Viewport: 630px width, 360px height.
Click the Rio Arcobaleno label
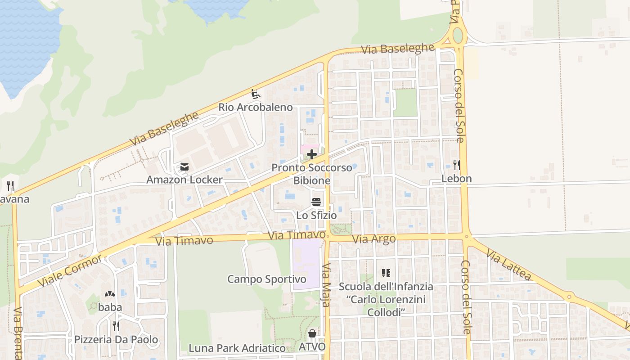pos(256,108)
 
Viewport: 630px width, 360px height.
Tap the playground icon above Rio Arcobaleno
pos(256,94)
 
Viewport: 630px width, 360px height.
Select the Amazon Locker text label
pos(184,180)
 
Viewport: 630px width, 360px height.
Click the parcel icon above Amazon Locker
pos(184,167)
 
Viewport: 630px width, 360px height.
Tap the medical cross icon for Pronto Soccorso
pos(312,155)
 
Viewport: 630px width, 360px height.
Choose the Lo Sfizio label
pos(316,216)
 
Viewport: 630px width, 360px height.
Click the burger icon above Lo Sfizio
pos(316,202)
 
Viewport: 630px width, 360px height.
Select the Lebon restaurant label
pos(456,179)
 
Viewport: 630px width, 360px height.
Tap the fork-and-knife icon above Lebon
pos(456,165)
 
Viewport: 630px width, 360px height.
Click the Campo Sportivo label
pos(266,279)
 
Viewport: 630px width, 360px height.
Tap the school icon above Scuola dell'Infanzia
pos(386,273)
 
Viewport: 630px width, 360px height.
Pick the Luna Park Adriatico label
pos(237,348)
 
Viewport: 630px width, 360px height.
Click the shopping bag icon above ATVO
pos(312,334)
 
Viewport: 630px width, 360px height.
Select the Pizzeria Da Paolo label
pos(116,340)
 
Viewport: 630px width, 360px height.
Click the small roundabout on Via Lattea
pos(569,297)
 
